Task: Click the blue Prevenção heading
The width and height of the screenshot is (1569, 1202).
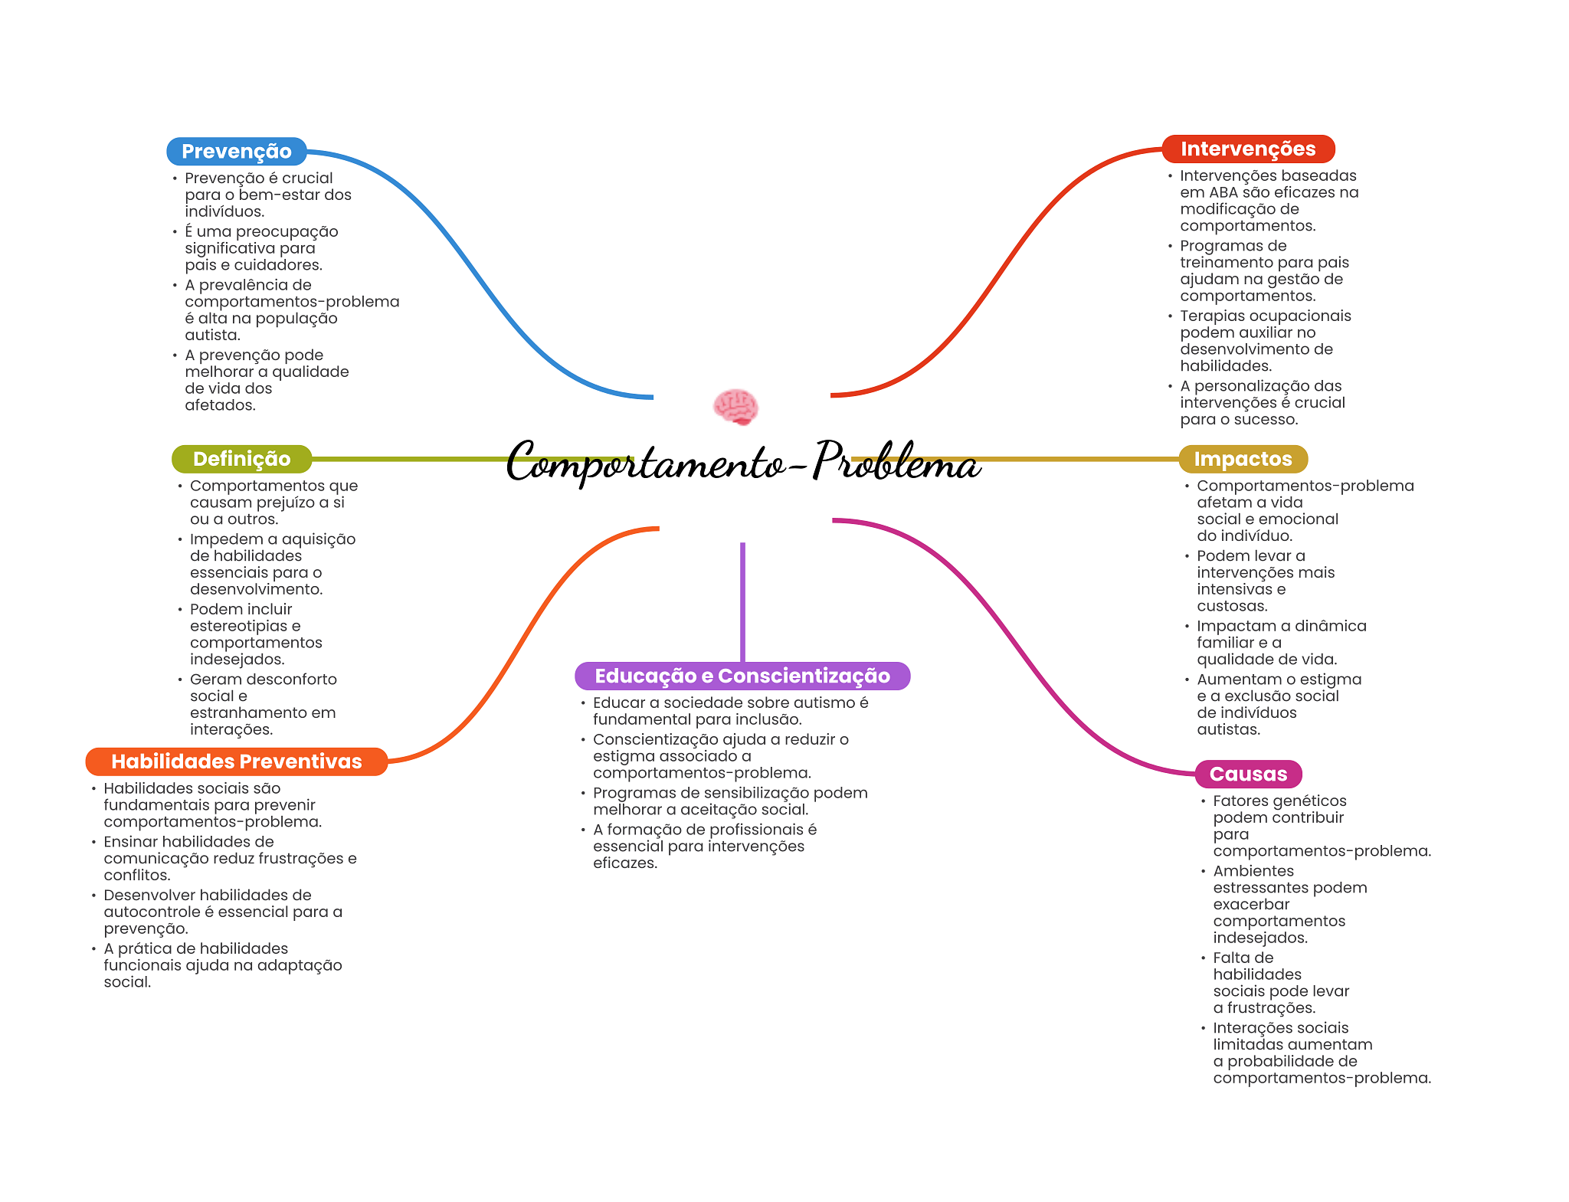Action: click(x=236, y=152)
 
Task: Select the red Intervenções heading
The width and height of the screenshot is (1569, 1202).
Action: click(x=1247, y=149)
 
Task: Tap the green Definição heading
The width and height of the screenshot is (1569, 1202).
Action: click(x=241, y=459)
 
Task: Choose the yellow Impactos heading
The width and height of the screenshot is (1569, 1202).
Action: click(x=1242, y=459)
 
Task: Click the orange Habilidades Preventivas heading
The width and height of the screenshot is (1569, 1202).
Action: click(x=236, y=761)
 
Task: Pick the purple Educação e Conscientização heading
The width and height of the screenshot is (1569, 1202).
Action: click(x=742, y=676)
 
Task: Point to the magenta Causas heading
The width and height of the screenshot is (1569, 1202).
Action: click(x=1247, y=774)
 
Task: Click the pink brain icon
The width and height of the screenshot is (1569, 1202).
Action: click(x=735, y=406)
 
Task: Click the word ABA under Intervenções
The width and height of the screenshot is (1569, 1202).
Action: click(x=1223, y=192)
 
